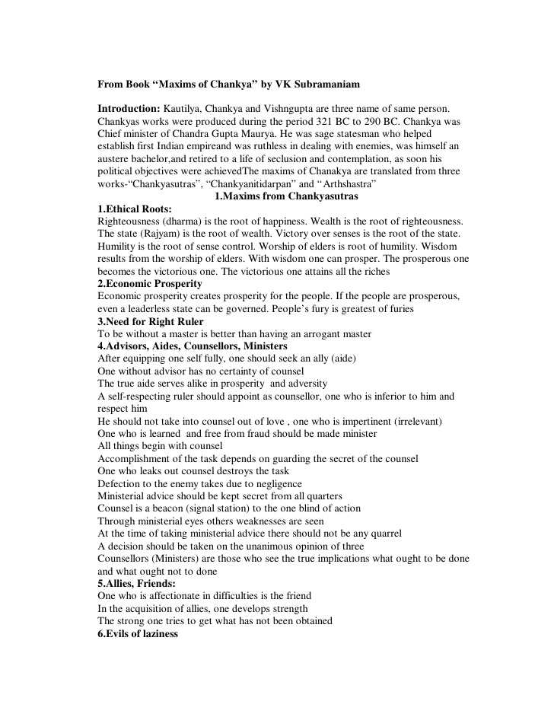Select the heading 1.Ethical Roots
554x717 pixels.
pos(135,209)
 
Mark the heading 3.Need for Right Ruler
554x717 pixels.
pos(148,321)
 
